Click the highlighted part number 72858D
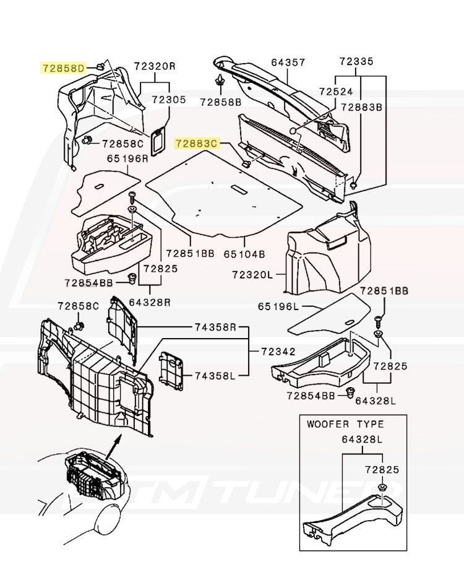pos(64,67)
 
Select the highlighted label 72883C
pos(197,144)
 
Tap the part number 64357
pos(288,62)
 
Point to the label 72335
pos(356,62)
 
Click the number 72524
pos(336,92)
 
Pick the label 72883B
pos(362,107)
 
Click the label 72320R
pos(155,66)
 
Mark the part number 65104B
pos(244,254)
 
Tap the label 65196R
pos(127,158)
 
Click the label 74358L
pos(215,376)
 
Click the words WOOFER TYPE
pos(345,425)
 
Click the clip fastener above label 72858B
pos(220,80)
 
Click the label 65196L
pos(278,306)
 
